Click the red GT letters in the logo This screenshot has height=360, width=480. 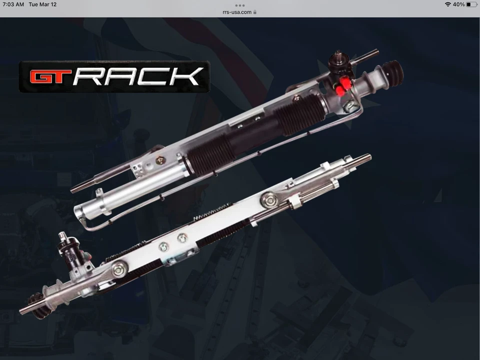click(x=50, y=76)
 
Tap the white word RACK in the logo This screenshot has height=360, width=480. click(x=138, y=76)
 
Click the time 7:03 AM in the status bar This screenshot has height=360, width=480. click(x=13, y=4)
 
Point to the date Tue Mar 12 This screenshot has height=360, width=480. click(x=42, y=4)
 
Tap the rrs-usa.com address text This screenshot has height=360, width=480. click(x=237, y=12)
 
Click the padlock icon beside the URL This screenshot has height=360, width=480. click(x=255, y=12)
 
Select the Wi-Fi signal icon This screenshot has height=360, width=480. click(x=448, y=4)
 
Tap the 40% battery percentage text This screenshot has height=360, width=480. click(x=458, y=4)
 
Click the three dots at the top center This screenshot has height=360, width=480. click(x=239, y=5)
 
